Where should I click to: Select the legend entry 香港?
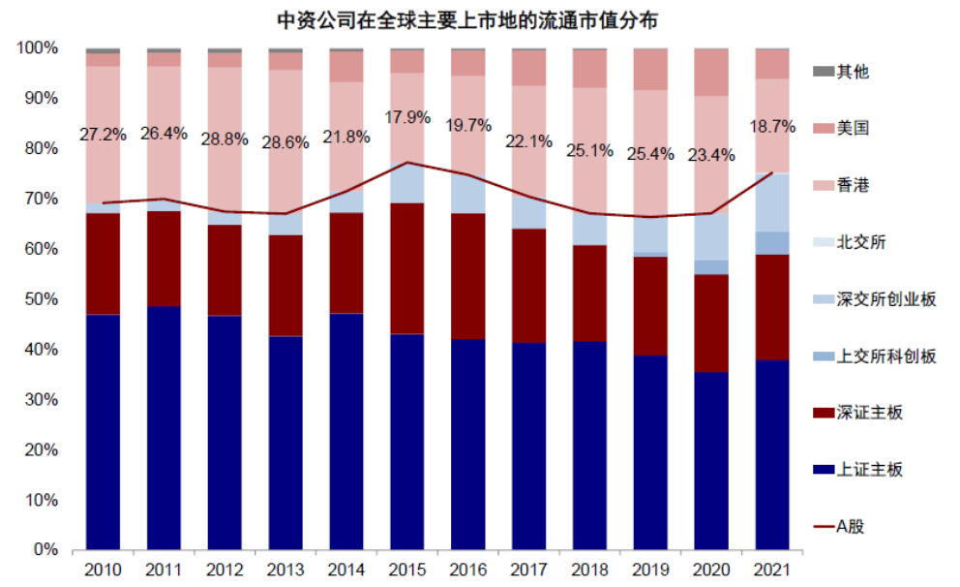pos(853,184)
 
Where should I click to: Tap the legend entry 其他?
pos(853,71)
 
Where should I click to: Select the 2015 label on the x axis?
pos(407,570)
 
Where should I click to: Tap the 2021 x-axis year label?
pos(771,570)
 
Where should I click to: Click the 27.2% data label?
pos(103,135)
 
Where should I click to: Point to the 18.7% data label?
pos(771,126)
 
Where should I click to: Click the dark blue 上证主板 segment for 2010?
pos(103,431)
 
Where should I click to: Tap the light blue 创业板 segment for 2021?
pos(771,201)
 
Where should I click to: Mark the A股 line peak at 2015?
pos(407,162)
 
